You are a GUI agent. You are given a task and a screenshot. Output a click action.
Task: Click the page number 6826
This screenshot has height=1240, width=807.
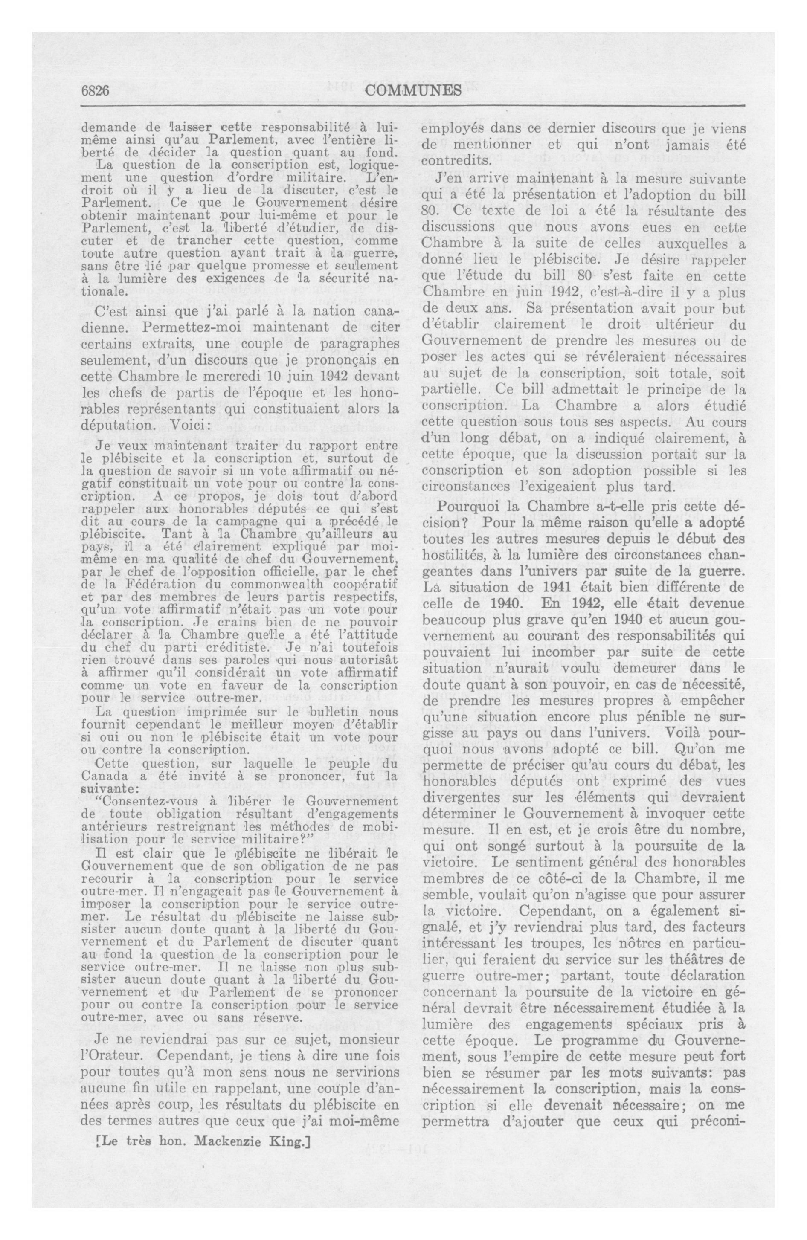94,91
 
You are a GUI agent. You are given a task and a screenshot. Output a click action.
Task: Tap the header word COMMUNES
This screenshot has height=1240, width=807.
413,91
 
